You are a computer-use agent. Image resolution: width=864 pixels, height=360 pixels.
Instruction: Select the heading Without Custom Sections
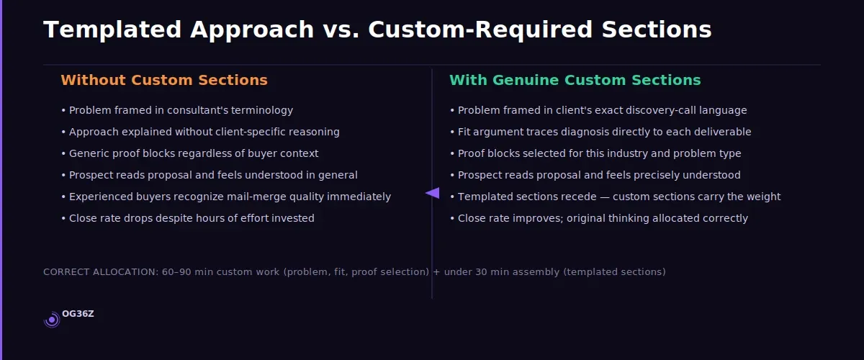164,80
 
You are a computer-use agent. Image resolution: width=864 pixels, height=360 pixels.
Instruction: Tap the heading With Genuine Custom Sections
575,80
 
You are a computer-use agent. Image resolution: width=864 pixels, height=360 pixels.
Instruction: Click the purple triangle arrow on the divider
432,193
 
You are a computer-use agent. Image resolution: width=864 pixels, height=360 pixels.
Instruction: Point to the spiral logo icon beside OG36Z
52,319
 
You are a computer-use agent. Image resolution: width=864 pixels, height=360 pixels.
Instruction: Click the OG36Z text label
78,314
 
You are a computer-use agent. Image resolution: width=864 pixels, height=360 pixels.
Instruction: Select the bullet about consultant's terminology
177,110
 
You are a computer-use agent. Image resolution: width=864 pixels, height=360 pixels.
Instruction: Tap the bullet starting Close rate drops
188,218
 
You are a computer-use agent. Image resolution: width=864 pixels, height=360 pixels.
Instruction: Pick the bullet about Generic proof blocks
190,153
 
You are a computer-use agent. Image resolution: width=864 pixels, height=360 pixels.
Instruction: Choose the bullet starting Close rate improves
599,218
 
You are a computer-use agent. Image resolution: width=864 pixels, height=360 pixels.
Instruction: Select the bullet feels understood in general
210,175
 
